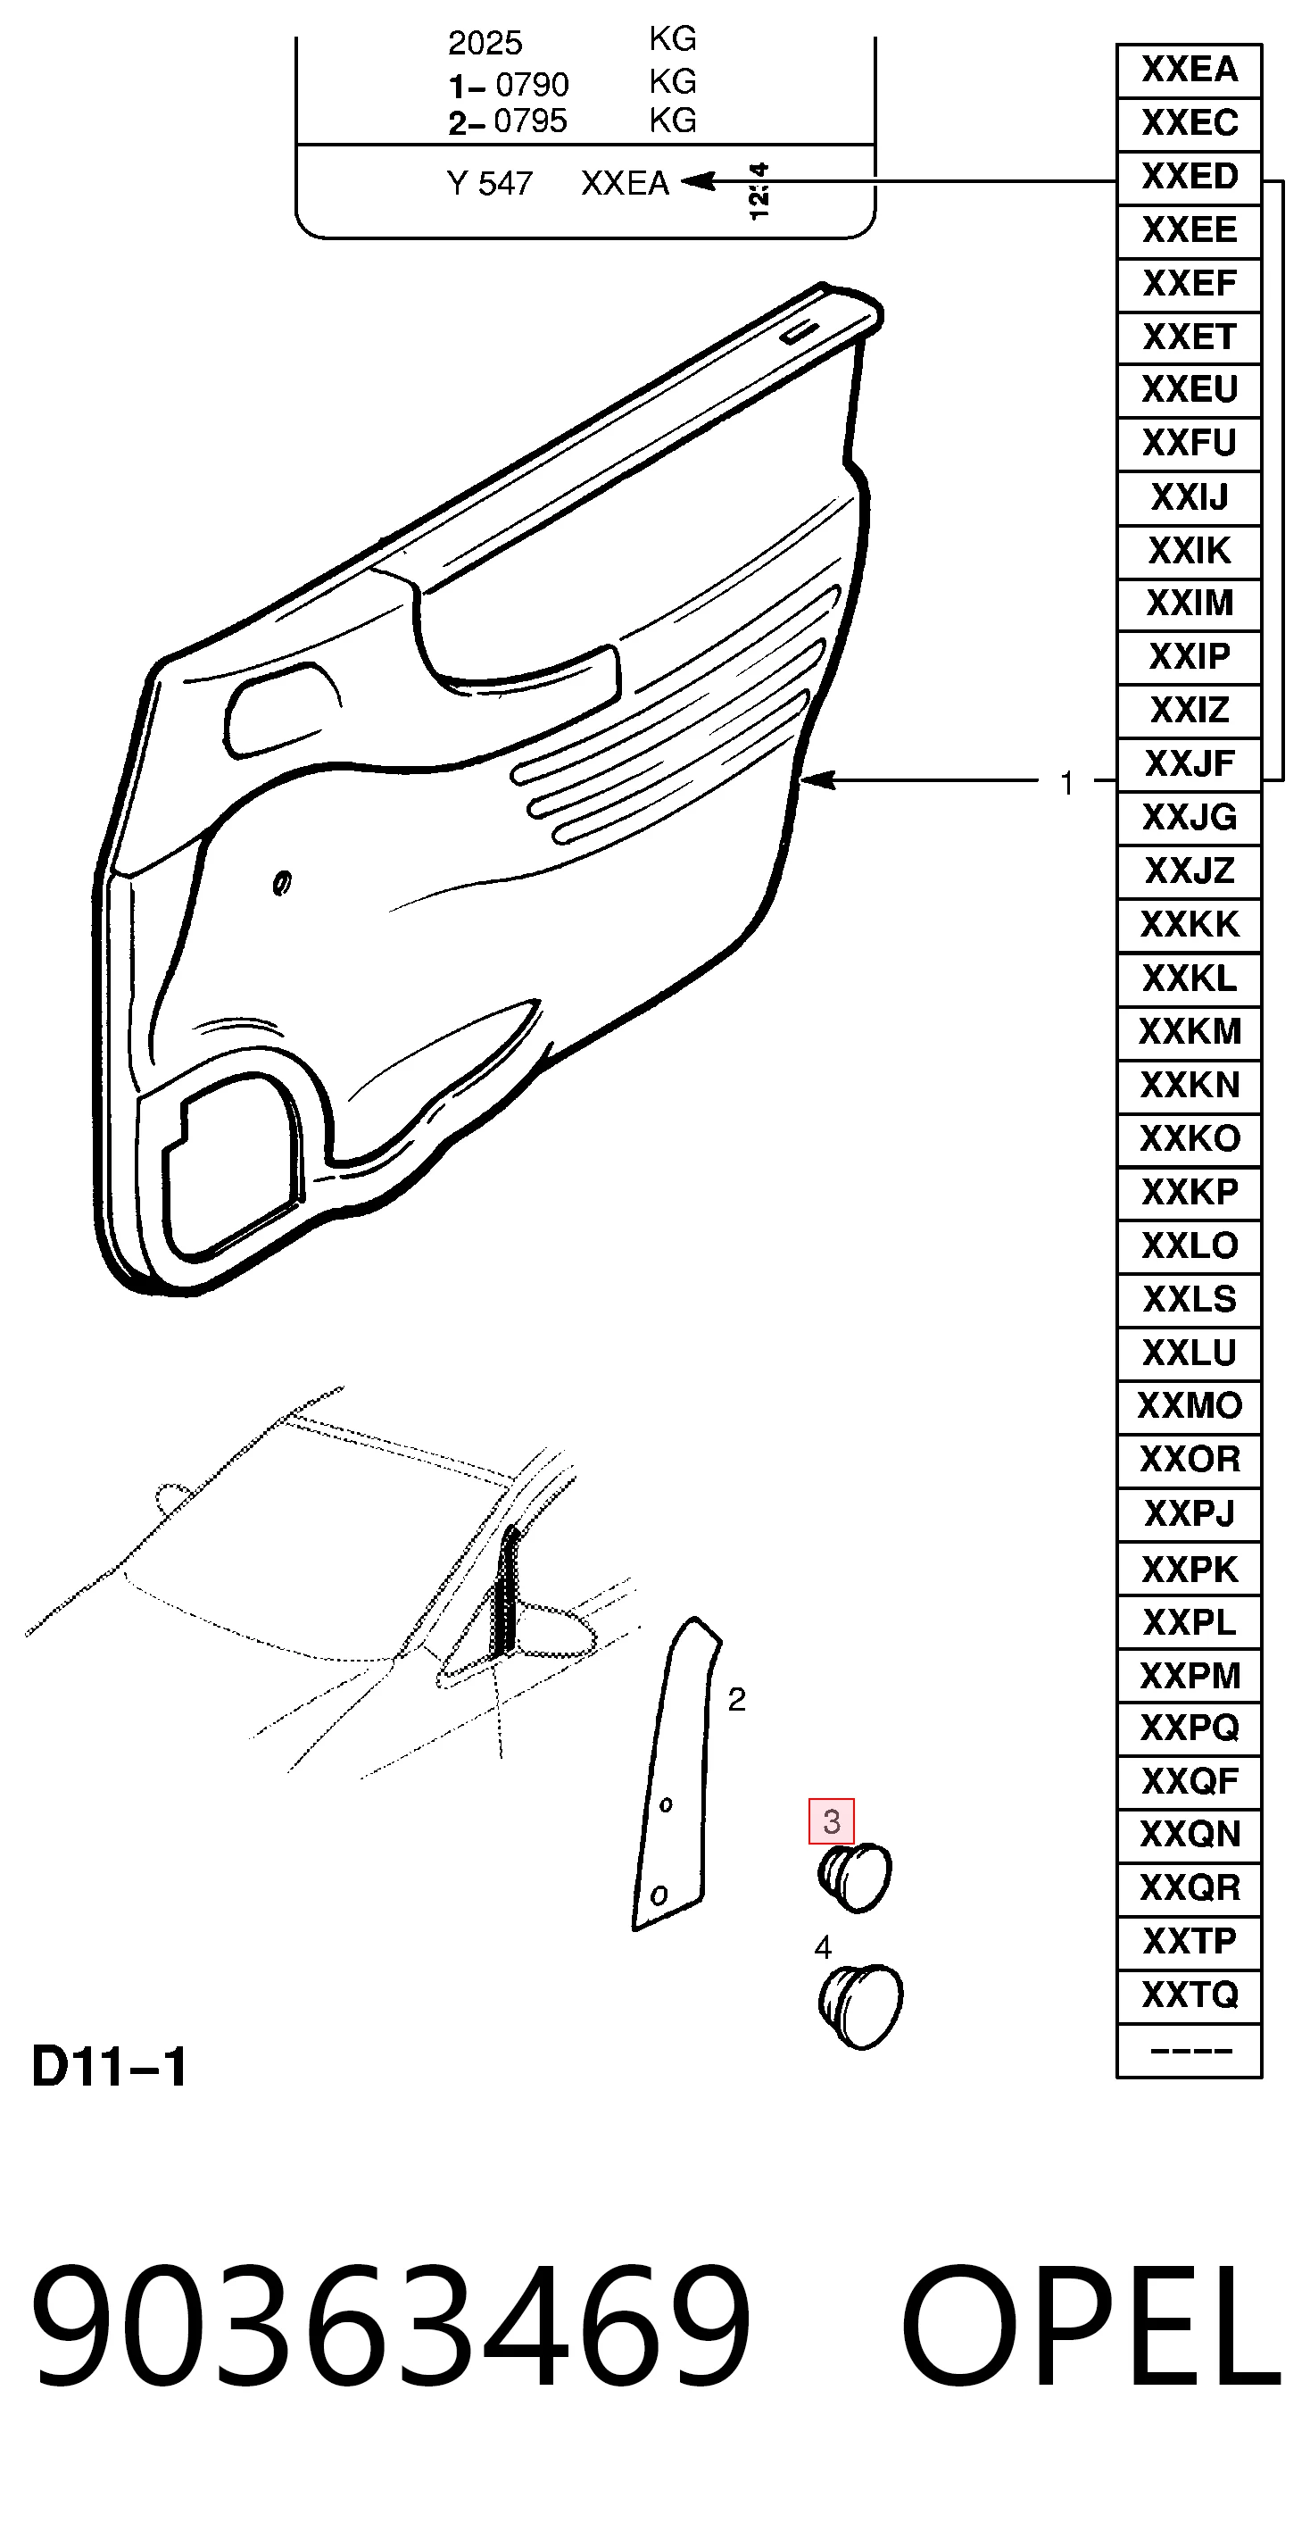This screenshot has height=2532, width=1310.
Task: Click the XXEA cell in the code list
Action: click(1190, 71)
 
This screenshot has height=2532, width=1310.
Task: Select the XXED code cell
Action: click(1190, 178)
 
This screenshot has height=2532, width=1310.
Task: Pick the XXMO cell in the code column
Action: click(1190, 1406)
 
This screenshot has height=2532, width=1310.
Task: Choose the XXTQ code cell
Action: click(1190, 1995)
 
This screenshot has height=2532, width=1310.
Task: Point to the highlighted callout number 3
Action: click(832, 1821)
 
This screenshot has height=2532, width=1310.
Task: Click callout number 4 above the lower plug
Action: click(824, 1947)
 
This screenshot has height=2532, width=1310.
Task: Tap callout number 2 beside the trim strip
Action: click(737, 1700)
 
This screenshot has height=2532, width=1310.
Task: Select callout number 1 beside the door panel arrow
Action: click(1067, 783)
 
